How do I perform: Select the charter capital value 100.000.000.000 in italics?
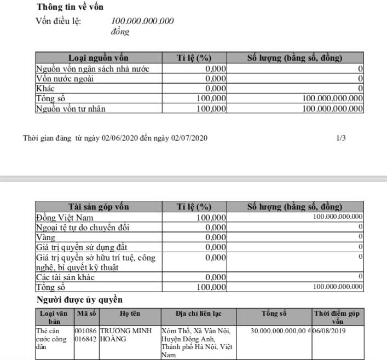(x=142, y=21)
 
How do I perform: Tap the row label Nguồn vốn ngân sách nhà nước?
(x=91, y=69)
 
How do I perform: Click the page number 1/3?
(x=341, y=138)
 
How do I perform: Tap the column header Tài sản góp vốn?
(x=99, y=207)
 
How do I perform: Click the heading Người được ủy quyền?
(x=79, y=300)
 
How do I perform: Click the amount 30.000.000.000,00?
(x=278, y=331)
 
